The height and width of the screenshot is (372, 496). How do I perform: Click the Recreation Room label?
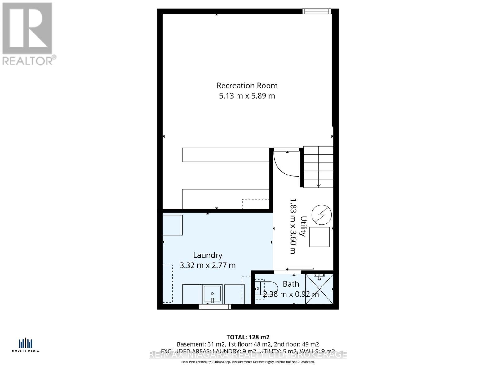[x=247, y=86]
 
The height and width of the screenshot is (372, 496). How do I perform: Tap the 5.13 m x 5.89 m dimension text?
[x=247, y=96]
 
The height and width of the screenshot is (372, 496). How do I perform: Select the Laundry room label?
[x=208, y=255]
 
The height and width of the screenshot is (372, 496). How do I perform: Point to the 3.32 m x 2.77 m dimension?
[x=208, y=265]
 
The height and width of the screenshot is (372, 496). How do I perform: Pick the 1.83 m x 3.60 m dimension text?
[x=293, y=226]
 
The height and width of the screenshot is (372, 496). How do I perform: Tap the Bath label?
[x=291, y=284]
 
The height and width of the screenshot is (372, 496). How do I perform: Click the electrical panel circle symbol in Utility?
[x=321, y=215]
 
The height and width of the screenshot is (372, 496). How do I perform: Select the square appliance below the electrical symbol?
[x=319, y=237]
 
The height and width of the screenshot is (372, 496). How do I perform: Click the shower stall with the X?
[x=319, y=289]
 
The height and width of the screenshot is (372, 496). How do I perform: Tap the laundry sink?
[x=212, y=294]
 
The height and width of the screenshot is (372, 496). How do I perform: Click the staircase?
[x=318, y=167]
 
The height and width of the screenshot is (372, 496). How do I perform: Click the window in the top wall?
[x=317, y=11]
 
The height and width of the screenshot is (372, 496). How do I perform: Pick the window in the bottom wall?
[x=215, y=307]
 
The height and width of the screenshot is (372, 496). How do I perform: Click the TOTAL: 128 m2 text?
[x=248, y=337]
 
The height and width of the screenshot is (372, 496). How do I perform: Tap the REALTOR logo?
[x=28, y=34]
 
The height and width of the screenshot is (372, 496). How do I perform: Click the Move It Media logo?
[x=25, y=345]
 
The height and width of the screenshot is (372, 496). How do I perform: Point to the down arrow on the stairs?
[x=318, y=185]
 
